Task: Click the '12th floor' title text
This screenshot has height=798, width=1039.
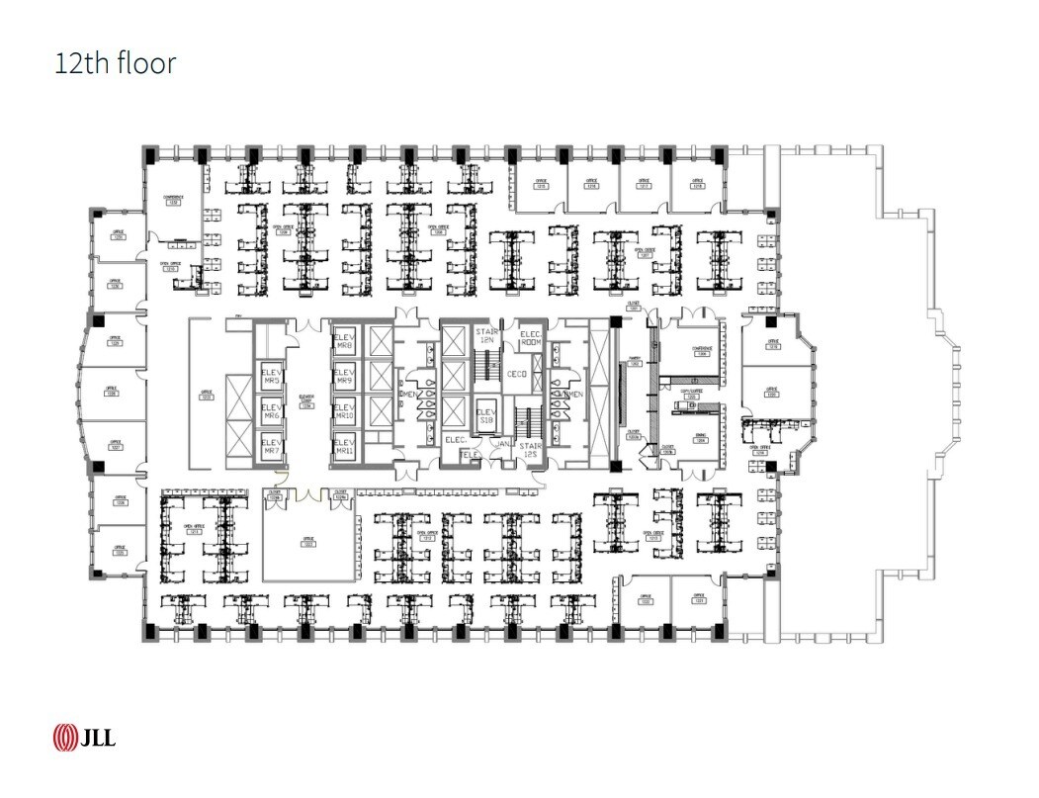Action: click(x=115, y=64)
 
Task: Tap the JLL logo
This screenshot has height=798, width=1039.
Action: click(x=84, y=737)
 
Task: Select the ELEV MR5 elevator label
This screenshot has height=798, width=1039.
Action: click(x=271, y=376)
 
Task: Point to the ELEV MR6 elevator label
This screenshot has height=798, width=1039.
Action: click(x=271, y=411)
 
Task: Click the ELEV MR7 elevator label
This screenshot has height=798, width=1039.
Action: click(x=271, y=446)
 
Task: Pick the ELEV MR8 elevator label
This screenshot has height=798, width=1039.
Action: click(x=344, y=341)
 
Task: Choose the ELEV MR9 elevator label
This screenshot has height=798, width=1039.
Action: click(x=344, y=376)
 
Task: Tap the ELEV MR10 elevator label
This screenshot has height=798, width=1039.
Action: click(x=344, y=411)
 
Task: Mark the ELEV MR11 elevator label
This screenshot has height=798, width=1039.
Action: click(x=344, y=446)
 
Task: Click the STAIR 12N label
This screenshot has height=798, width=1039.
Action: click(x=485, y=335)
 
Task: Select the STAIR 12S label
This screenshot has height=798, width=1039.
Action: click(x=531, y=451)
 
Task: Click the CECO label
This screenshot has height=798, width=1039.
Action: click(x=516, y=374)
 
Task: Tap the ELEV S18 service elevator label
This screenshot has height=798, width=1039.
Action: click(x=485, y=415)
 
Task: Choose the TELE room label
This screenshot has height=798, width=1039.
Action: click(x=471, y=455)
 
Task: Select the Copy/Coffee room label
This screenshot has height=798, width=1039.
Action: click(x=690, y=393)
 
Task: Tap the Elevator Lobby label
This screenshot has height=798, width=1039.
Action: click(x=306, y=400)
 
